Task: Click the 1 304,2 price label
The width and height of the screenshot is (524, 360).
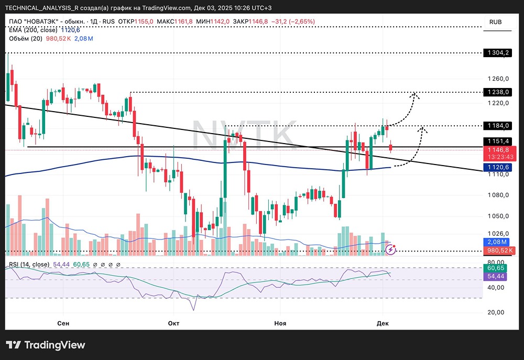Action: pos(497,53)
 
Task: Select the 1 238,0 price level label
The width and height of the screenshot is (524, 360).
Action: pos(497,92)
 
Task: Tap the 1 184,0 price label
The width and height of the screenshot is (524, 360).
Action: pos(497,126)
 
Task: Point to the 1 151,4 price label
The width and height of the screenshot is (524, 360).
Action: pos(497,141)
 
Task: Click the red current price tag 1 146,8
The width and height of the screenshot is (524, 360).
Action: pos(497,149)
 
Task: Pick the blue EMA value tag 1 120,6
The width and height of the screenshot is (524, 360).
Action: pos(497,167)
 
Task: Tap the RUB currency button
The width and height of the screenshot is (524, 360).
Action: pos(495,22)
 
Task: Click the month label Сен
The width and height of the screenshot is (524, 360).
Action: pos(63,323)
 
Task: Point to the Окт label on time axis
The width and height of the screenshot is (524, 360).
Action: pos(173,323)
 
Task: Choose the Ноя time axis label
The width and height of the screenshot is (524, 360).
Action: pos(281,323)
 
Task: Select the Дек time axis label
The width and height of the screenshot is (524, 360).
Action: pos(383,323)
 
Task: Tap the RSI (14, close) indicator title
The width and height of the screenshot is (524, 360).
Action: pos(29,264)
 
